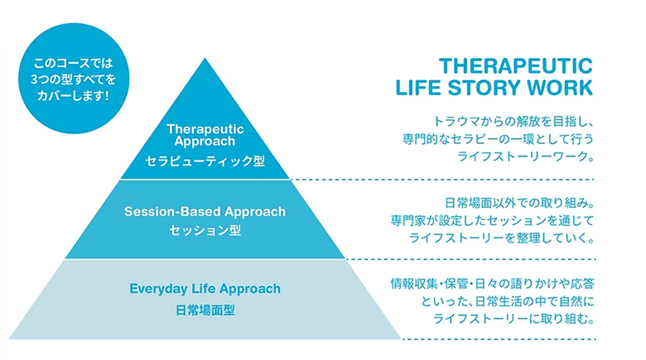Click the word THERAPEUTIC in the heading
515,66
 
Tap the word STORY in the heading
485,88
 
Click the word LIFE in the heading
418,88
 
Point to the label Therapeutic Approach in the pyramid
205,135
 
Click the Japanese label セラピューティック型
205,161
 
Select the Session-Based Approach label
205,212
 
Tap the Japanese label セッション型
205,231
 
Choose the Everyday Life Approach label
205,289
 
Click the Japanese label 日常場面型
205,310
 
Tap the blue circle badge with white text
74,79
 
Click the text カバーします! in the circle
74,96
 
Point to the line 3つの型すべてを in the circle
74,79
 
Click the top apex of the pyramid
205,59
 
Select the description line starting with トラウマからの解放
513,122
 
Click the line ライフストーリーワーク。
525,156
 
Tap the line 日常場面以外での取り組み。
519,203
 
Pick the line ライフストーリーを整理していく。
501,238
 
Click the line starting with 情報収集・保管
492,284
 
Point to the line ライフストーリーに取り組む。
513,319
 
